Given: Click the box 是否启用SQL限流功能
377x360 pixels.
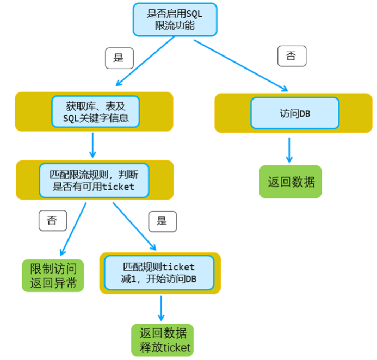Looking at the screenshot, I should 175,20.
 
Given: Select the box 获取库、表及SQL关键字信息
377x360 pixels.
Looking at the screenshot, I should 95,111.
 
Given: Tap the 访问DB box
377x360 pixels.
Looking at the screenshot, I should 294,113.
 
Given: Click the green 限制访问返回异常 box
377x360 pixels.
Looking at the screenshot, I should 53,276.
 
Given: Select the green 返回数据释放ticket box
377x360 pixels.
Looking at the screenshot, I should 162,340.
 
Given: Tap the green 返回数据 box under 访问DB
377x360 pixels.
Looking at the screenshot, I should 291,182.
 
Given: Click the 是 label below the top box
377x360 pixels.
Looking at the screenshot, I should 119,58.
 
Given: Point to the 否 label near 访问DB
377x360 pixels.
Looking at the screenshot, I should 291,56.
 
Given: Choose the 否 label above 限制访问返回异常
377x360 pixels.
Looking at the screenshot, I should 52,220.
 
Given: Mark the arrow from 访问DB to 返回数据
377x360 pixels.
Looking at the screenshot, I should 289,150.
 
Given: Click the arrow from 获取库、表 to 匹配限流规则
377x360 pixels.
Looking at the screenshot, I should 93,144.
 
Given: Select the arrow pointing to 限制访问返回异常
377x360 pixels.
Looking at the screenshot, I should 73,228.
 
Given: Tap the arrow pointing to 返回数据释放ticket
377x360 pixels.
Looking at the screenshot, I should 161,309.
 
